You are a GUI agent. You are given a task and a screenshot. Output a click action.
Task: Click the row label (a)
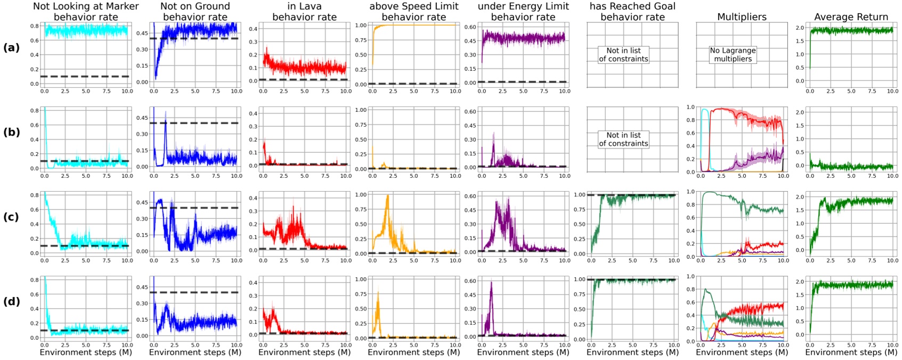[11, 47]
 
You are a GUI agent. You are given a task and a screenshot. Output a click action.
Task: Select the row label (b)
[11, 132]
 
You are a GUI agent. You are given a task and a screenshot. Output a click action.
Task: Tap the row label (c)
[11, 217]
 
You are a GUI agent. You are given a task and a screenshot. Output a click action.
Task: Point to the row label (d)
[11, 301]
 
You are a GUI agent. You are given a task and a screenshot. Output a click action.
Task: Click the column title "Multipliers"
[742, 17]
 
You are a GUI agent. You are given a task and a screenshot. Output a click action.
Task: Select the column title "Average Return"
[851, 17]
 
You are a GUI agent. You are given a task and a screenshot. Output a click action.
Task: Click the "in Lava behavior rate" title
[304, 12]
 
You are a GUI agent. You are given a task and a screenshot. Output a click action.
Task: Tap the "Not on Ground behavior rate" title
[195, 12]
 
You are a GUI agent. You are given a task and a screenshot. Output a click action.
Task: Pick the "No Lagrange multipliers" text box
[733, 55]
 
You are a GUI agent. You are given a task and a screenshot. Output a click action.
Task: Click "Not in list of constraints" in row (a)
[623, 55]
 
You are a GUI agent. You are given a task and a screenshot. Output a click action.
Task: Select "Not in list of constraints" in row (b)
[623, 139]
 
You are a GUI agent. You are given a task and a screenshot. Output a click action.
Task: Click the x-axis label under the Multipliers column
[742, 352]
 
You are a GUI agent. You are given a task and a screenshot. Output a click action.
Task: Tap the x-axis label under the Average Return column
[851, 352]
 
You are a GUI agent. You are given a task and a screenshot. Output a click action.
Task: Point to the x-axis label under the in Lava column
[304, 352]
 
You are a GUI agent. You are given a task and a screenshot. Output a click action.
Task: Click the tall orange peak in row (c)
[387, 197]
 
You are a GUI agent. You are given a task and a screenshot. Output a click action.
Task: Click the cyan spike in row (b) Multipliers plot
[705, 111]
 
